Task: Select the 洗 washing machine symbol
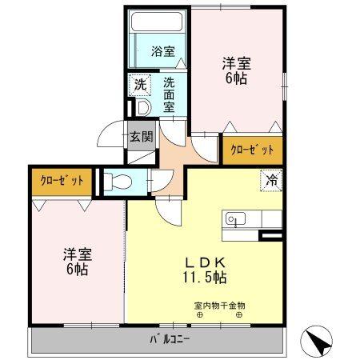coord(140,83)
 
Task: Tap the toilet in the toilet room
coord(117,181)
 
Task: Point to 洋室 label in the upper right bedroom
coord(236,62)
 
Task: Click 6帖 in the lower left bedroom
coord(77,270)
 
